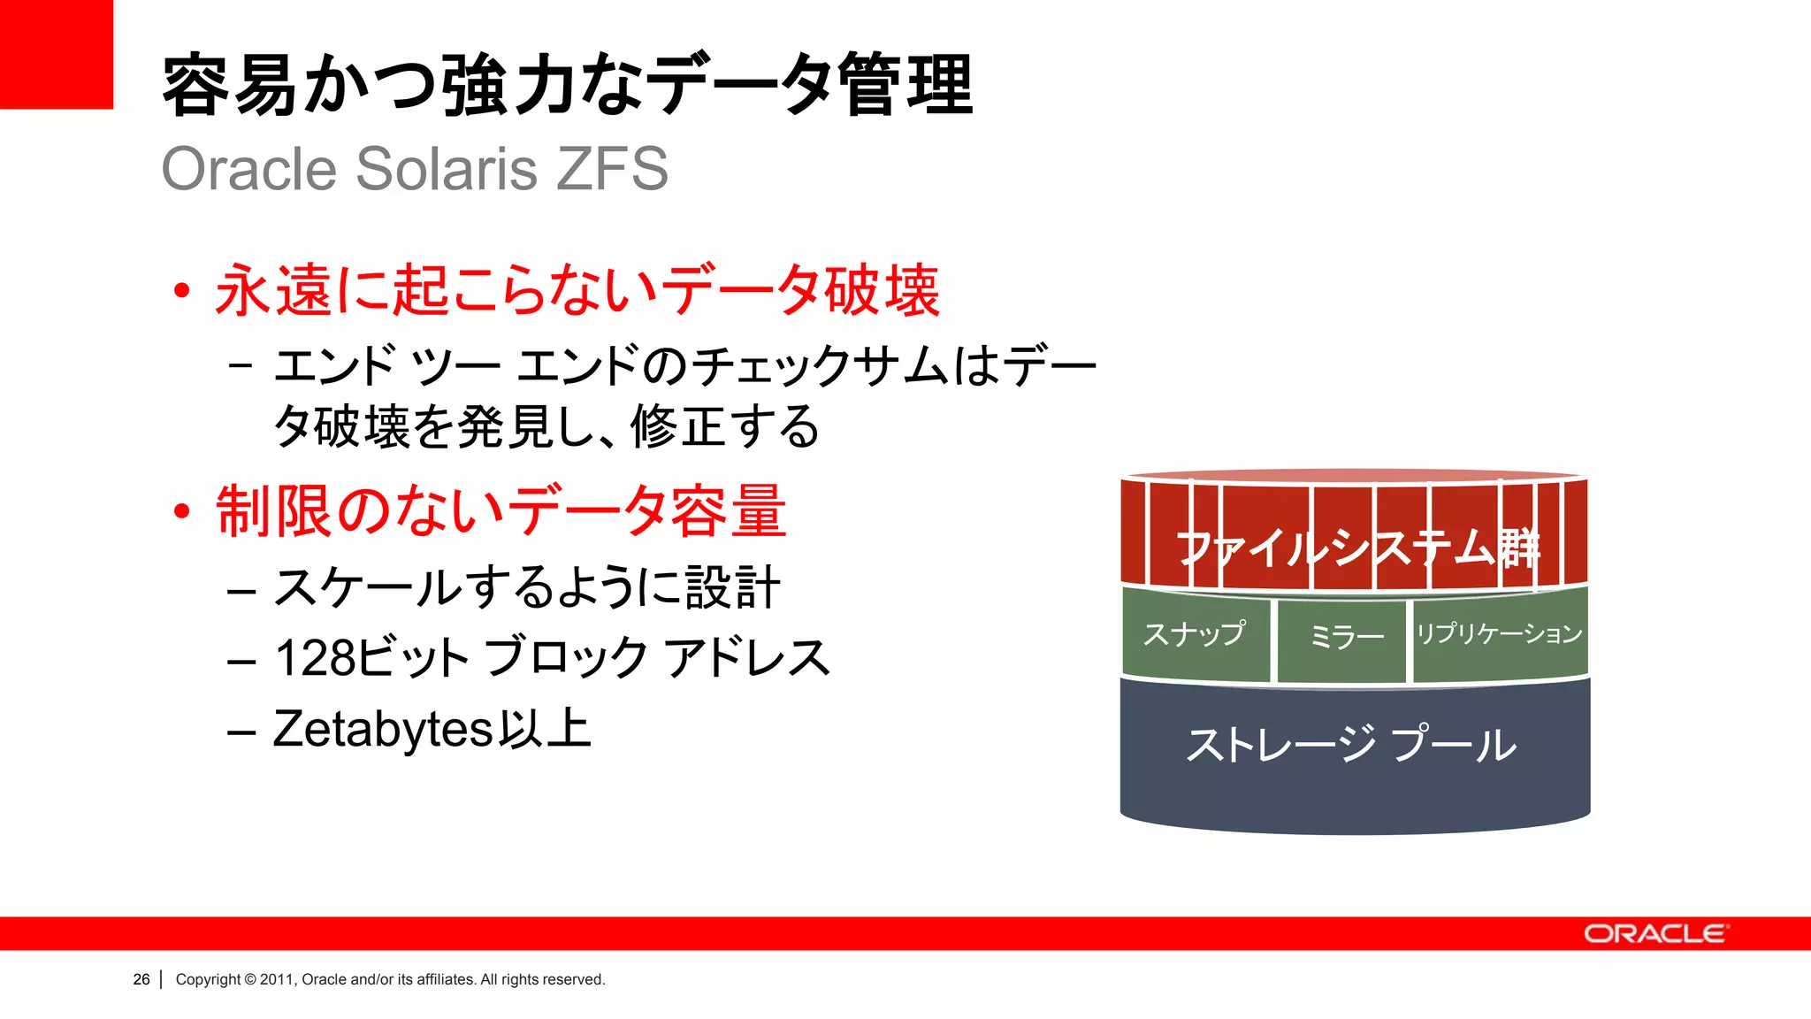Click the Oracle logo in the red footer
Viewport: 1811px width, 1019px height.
[x=1655, y=934]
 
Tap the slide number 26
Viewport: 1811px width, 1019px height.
[x=141, y=979]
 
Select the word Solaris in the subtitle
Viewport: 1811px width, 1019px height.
[x=447, y=168]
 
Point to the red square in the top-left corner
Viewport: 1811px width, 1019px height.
[x=56, y=54]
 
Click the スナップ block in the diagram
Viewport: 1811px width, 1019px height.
[x=1195, y=634]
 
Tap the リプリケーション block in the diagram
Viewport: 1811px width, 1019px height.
[x=1499, y=634]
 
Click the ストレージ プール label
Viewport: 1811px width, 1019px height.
[x=1351, y=745]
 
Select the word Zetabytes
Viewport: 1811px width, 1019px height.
[x=382, y=729]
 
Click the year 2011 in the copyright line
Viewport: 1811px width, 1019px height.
[x=276, y=979]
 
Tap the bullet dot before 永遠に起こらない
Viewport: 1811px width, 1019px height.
[x=182, y=291]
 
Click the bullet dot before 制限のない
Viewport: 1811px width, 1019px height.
[x=182, y=511]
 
